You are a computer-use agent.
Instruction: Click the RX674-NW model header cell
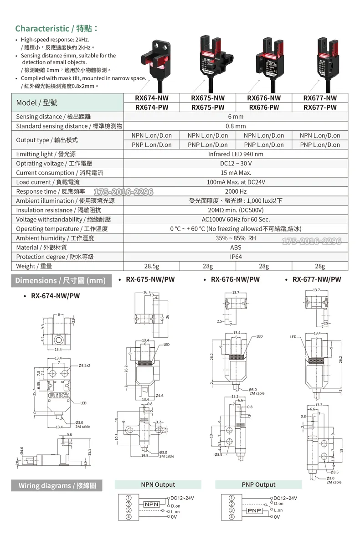click(x=152, y=98)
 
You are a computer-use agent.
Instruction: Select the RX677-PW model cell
click(x=320, y=108)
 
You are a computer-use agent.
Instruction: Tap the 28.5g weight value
click(x=151, y=266)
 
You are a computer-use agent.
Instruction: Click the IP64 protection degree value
click(x=236, y=257)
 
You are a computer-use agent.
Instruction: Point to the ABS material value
click(x=236, y=247)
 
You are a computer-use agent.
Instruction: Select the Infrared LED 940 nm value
click(x=236, y=154)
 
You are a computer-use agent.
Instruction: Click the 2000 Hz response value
click(x=236, y=191)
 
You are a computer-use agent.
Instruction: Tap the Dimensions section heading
click(x=61, y=280)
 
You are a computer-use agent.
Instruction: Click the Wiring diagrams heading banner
click(x=57, y=485)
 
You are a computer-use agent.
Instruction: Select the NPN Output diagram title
click(x=158, y=484)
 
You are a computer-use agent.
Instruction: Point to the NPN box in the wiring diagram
click(x=151, y=505)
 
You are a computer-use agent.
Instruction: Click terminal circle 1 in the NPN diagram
click(x=129, y=498)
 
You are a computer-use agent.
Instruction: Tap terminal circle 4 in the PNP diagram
click(x=231, y=517)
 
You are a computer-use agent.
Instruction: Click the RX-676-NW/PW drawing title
click(x=235, y=279)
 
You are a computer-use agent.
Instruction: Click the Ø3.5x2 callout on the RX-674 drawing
click(x=84, y=366)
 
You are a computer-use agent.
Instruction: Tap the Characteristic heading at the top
click(x=57, y=28)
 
